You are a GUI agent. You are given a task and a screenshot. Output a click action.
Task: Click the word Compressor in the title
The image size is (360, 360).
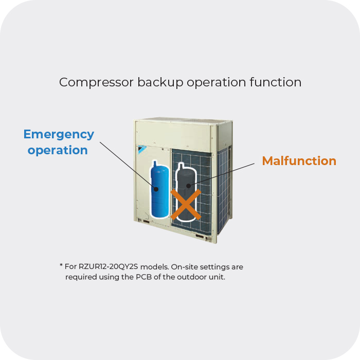coord(96,82)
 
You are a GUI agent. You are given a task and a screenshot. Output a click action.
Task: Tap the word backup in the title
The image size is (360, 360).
coord(160,82)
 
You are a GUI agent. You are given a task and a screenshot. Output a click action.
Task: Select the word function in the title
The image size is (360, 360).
coord(276,82)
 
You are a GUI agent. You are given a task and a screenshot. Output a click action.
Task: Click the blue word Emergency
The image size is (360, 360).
coord(59,135)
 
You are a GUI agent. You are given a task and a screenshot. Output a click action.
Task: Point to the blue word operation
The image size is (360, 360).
coord(58,150)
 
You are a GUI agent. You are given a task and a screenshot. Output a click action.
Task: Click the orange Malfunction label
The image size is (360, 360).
coord(299,160)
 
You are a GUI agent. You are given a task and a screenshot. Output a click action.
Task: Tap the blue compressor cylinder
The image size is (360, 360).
coord(160,190)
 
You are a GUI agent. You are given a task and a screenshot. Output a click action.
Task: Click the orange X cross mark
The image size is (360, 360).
coord(186,204)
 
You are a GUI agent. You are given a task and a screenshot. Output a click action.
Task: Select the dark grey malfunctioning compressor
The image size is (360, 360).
coord(186,192)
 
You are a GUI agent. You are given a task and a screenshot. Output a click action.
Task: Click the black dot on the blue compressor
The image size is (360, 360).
coord(156,189)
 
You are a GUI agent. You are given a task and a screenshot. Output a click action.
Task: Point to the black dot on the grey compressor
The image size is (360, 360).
coord(189,186)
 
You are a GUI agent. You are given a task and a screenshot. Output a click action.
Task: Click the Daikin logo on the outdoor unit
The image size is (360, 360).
coord(142,149)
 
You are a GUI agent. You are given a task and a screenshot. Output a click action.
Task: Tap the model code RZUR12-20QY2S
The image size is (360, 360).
coord(108,266)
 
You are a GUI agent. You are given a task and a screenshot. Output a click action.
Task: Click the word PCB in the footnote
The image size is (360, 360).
coord(143,277)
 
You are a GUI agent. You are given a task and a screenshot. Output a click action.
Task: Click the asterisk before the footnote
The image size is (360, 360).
coord(61,265)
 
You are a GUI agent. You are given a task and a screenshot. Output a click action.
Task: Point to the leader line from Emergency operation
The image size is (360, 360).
coord(128,165)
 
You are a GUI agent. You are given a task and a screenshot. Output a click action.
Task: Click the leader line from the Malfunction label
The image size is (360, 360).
coord(222,175)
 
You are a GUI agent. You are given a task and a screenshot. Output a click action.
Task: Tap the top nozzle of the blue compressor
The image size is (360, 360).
coord(155,163)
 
